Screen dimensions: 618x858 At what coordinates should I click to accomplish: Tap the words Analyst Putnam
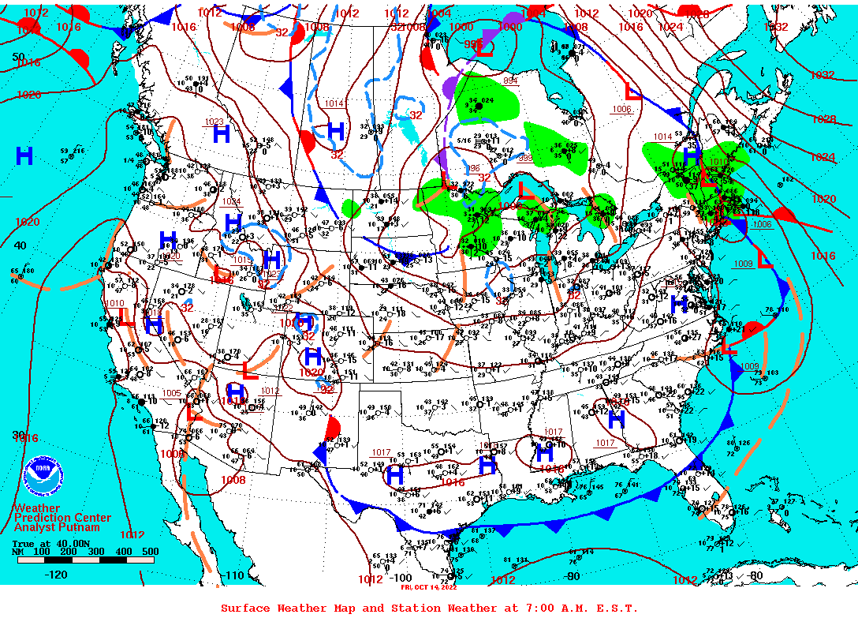(x=57, y=527)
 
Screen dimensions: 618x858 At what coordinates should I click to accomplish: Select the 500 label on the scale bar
(x=149, y=552)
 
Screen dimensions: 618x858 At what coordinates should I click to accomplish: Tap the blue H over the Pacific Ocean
(x=24, y=155)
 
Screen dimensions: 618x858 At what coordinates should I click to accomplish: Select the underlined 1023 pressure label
(x=214, y=122)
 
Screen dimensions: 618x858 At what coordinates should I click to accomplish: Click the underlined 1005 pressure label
(x=171, y=393)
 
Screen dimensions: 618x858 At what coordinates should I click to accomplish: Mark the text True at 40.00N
(x=44, y=543)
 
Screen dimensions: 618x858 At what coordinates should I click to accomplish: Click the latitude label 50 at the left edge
(x=19, y=56)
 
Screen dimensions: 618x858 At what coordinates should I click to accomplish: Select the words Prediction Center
(x=62, y=518)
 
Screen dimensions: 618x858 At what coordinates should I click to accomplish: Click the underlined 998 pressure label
(x=525, y=158)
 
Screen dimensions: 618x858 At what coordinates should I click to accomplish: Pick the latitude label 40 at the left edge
(x=20, y=245)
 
